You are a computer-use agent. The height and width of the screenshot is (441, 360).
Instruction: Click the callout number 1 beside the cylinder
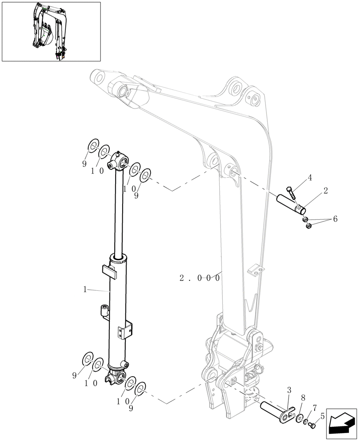[x=85, y=289]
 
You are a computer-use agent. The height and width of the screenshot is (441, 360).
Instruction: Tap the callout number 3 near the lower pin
[x=289, y=390]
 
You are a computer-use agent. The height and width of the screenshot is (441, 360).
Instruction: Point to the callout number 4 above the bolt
[x=310, y=178]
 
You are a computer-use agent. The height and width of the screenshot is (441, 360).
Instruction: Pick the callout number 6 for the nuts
[x=335, y=219]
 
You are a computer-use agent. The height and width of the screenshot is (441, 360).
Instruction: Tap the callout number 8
[x=303, y=397]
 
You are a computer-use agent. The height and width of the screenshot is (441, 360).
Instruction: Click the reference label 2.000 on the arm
[x=199, y=278]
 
